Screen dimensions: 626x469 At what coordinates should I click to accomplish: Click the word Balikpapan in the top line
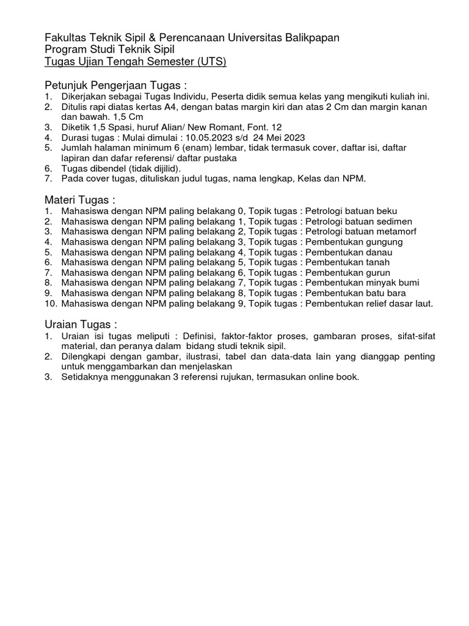point(311,38)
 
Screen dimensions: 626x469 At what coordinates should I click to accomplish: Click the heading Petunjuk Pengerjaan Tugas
point(115,84)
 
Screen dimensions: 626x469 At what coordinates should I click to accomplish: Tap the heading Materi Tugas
point(80,200)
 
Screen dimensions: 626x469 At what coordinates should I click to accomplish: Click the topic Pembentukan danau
point(349,252)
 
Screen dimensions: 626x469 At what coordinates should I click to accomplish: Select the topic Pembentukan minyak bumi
point(362,283)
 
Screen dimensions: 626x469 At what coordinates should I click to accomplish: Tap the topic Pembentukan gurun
point(347,273)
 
